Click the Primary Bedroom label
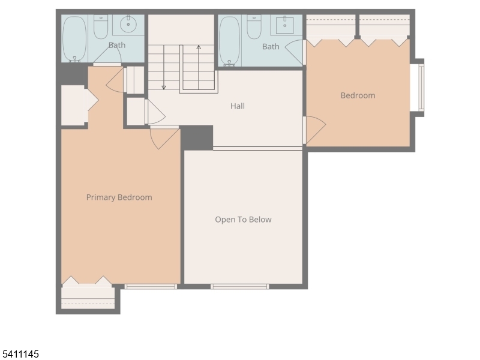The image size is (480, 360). click(x=119, y=197)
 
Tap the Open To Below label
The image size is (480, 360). click(x=243, y=220)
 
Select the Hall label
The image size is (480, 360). click(x=238, y=106)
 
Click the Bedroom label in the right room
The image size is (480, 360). click(x=358, y=95)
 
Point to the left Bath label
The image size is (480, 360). click(x=117, y=45)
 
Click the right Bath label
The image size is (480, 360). click(x=271, y=47)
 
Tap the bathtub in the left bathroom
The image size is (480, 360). click(x=75, y=39)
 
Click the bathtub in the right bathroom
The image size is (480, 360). click(x=229, y=41)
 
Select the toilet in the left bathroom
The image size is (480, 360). click(x=100, y=27)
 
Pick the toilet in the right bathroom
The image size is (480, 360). click(x=254, y=27)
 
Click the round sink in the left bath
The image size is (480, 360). click(x=128, y=26)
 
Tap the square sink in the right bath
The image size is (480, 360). click(x=284, y=26)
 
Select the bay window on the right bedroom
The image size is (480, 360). click(x=420, y=88)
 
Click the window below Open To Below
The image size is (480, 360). click(x=239, y=287)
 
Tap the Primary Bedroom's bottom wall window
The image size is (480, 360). click(x=151, y=287)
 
